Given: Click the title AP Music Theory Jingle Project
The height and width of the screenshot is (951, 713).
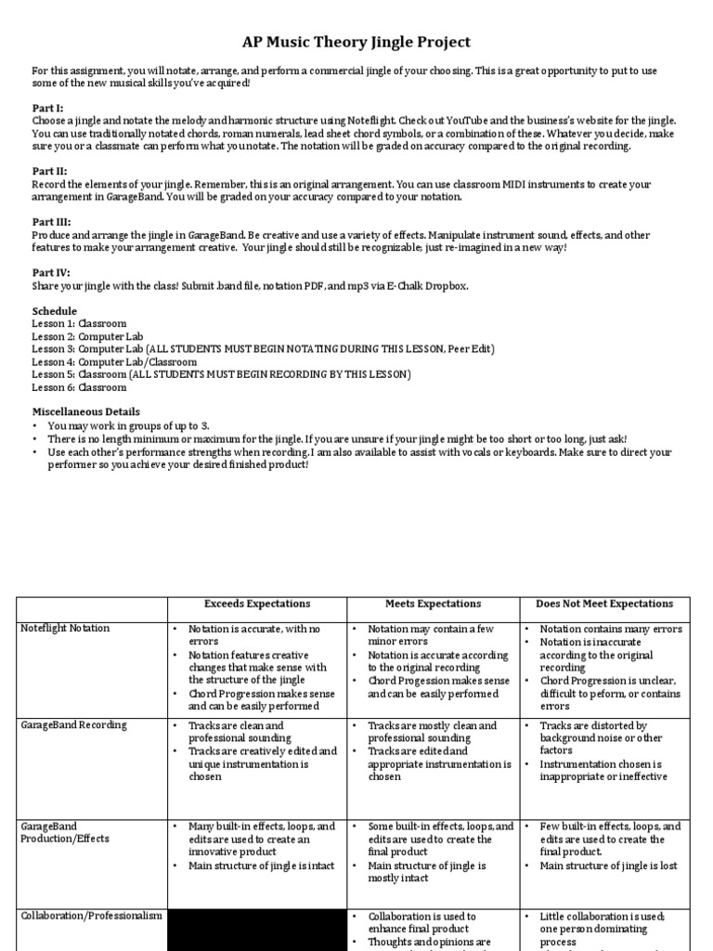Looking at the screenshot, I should (x=356, y=43).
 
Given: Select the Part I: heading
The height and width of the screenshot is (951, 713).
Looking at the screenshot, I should (x=48, y=109).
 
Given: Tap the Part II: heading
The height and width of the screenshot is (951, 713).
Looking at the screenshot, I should (x=50, y=172).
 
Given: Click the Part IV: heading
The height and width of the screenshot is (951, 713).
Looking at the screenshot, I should (x=51, y=274).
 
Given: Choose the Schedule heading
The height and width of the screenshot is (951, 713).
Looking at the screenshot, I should (x=55, y=311).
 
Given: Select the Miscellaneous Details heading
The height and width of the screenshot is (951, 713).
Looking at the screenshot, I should (x=86, y=411).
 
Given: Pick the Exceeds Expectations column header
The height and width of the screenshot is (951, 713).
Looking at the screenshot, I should (x=256, y=605).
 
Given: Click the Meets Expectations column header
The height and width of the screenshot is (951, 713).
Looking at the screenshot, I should (x=433, y=605).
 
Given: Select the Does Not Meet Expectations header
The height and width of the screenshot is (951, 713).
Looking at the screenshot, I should (x=604, y=605).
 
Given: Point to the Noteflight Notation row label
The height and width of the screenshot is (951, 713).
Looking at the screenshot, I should (x=65, y=629).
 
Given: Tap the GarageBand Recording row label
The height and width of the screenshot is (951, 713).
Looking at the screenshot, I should (x=73, y=725).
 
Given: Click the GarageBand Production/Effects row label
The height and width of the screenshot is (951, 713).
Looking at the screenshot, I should (x=65, y=832).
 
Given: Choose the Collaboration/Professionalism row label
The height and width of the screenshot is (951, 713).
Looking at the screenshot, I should (x=91, y=916).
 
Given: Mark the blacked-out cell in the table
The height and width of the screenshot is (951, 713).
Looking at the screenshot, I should (x=256, y=929).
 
